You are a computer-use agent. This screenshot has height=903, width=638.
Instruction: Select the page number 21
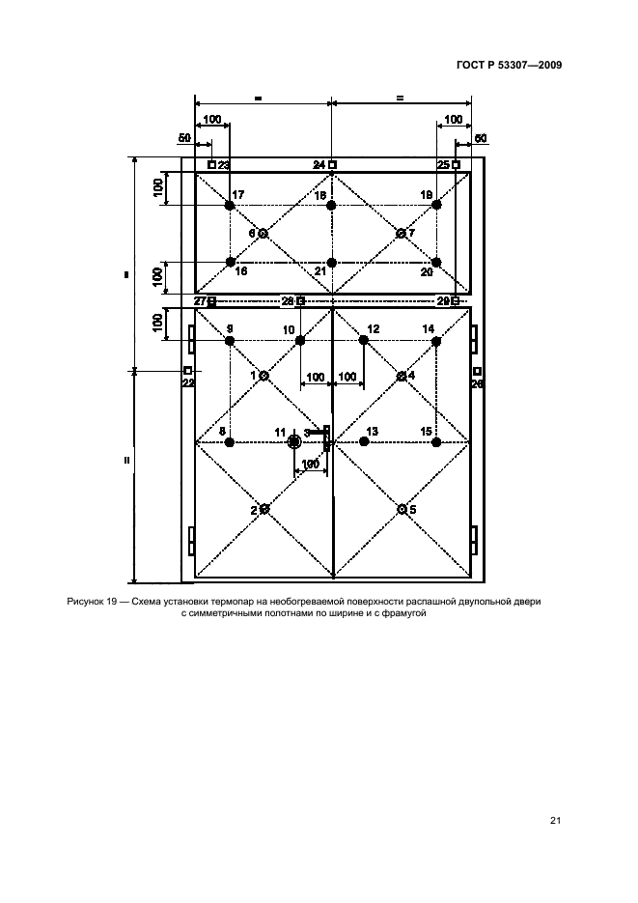pos(555,821)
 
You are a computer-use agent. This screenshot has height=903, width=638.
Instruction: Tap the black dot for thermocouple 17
pos(230,206)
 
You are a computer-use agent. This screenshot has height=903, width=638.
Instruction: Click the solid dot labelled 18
pos(331,206)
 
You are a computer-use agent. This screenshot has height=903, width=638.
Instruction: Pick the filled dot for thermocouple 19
pos(436,205)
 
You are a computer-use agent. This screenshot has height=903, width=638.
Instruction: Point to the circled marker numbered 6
pos(263,234)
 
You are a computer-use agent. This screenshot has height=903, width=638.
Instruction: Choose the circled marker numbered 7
pos(401,234)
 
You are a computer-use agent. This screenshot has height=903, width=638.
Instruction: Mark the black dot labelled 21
pos(331,262)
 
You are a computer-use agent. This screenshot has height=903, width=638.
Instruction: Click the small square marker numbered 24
pos(332,165)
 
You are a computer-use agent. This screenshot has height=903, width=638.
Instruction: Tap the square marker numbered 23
pos(212,165)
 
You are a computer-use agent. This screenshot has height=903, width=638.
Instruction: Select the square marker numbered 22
pos(188,371)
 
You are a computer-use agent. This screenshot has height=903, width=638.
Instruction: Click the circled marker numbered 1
pos(264,375)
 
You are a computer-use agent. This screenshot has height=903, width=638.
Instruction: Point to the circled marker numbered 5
pos(401,508)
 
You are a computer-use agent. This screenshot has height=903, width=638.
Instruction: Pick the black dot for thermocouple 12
pos(364,340)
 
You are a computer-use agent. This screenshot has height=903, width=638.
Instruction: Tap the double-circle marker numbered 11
pos(294,441)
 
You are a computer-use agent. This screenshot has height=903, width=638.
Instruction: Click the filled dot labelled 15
pos(436,441)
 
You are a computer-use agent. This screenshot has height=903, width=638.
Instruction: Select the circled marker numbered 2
pos(264,509)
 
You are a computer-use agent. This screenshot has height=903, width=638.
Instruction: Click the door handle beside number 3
pos(327,438)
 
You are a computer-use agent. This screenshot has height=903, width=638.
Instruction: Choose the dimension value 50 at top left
pos(184,138)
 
